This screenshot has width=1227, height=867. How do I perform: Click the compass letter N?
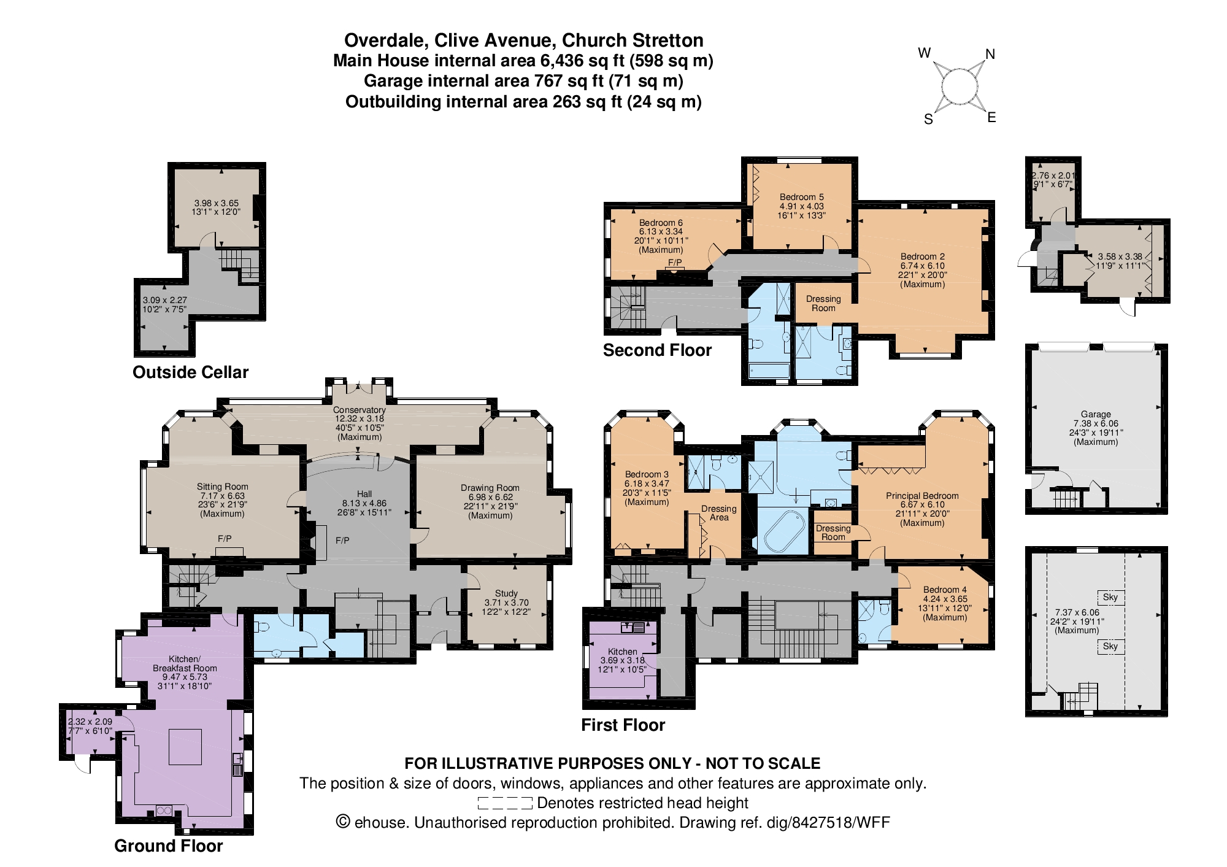pos(990,55)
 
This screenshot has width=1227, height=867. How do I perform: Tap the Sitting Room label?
pos(222,487)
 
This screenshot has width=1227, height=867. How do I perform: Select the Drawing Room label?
pos(490,488)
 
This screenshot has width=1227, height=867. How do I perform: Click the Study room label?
pos(506,593)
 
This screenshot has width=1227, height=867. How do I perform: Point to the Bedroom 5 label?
pos(801,197)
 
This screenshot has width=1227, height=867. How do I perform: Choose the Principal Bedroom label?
pos(921,496)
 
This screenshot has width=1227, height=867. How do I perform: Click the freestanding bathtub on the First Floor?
pos(784,531)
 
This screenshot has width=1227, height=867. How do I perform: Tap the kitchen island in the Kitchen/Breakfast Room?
pos(185,746)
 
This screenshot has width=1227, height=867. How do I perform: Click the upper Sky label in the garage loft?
pos(1110,597)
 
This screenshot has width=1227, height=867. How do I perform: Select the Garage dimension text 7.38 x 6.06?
pos(1096,423)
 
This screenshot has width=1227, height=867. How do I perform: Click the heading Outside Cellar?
pos(190,372)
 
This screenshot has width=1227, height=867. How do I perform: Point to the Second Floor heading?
pos(657,350)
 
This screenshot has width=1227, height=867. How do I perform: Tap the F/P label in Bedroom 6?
pos(675,263)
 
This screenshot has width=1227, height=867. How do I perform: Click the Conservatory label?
pos(359,410)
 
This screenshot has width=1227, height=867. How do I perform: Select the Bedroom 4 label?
pos(944,590)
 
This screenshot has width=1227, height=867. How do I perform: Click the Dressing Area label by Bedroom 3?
pos(719,513)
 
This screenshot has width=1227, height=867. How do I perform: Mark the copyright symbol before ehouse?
pos(343,822)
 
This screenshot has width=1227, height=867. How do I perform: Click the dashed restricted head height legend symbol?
pos(504,803)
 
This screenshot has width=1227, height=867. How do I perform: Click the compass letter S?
pos(928,120)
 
